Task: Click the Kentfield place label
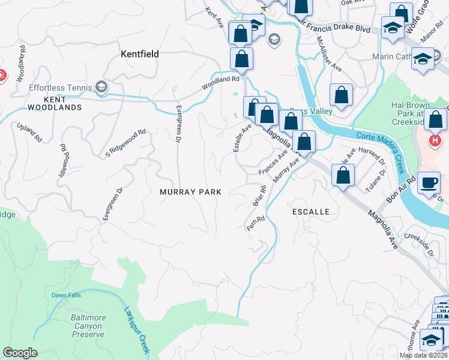140,54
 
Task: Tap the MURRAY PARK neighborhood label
190,192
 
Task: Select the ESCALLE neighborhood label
311,212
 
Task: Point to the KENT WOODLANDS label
54,103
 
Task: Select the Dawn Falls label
66,295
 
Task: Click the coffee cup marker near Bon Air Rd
429,182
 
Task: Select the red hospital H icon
435,142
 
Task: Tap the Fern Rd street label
256,224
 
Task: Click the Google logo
20,353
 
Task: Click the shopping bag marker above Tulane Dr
343,176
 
